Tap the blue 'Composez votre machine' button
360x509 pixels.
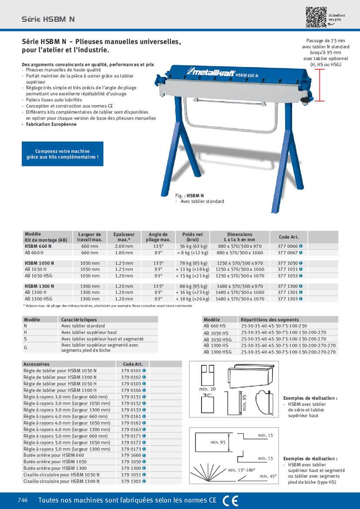click(x=63, y=154)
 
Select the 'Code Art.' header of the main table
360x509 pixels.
click(x=289, y=237)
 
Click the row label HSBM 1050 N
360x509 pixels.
click(x=40, y=263)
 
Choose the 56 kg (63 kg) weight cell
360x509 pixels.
click(x=192, y=246)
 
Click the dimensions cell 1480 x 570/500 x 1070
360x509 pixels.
click(x=239, y=299)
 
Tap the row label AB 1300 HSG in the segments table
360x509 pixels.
click(x=218, y=352)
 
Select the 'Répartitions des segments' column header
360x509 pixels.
click(x=270, y=320)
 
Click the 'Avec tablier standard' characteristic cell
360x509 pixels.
click(x=83, y=326)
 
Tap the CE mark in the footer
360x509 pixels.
click(x=230, y=501)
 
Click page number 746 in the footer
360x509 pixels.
click(x=23, y=500)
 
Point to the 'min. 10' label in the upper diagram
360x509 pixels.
click(x=208, y=388)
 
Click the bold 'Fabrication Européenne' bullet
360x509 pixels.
click(x=51, y=124)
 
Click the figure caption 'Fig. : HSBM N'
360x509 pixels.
click(x=189, y=196)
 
